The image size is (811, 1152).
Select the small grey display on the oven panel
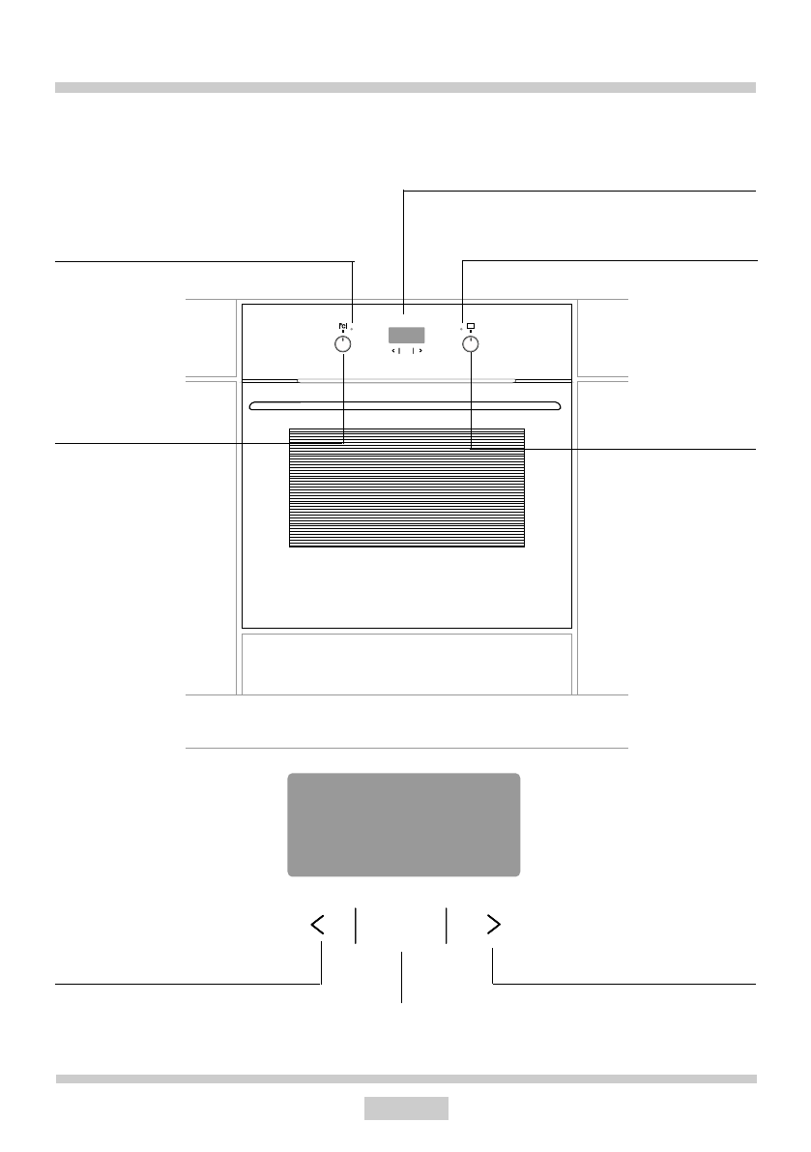406,336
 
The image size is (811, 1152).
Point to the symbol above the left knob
342,326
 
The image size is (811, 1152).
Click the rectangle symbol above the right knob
471,325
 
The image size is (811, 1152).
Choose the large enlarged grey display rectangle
404,825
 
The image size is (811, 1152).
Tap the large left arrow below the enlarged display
318,926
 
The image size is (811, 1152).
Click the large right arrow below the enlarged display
493,926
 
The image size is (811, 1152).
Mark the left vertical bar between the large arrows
356,926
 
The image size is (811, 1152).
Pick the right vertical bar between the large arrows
447,926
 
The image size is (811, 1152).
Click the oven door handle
404,404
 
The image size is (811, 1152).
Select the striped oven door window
406,488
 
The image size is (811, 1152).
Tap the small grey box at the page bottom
406,1108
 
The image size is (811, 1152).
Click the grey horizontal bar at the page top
405,87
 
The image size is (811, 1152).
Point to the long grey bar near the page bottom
406,1078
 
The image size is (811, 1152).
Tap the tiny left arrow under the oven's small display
393,352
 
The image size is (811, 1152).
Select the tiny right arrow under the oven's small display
421,352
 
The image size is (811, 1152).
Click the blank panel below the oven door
406,664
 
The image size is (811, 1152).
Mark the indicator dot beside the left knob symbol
352,328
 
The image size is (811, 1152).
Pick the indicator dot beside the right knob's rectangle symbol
461,328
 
